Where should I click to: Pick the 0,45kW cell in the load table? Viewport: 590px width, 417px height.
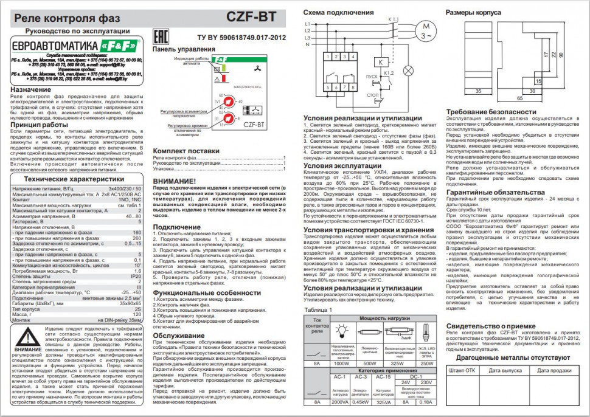point(361,402)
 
